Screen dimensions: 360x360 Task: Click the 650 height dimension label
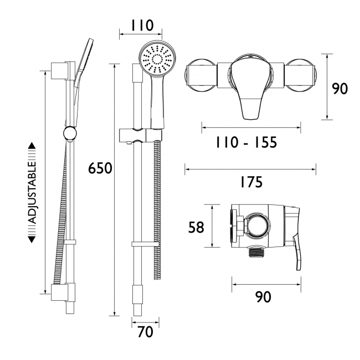click(100, 168)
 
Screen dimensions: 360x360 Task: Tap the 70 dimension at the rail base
click(146, 332)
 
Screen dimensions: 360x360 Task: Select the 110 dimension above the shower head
click(142, 25)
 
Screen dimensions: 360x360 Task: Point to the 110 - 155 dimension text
click(246, 142)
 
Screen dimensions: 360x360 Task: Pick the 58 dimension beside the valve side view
click(196, 227)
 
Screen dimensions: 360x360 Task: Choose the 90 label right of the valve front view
click(340, 89)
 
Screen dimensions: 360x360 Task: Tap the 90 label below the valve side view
click(263, 297)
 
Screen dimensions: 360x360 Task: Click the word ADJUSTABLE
click(32, 192)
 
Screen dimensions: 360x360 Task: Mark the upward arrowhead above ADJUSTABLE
click(32, 146)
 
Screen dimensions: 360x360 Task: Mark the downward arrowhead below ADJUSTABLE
click(32, 240)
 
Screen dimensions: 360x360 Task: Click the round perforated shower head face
click(156, 59)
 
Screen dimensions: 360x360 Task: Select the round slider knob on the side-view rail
click(69, 133)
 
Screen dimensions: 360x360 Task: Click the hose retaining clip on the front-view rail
click(145, 244)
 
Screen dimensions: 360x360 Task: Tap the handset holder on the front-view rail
click(141, 136)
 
